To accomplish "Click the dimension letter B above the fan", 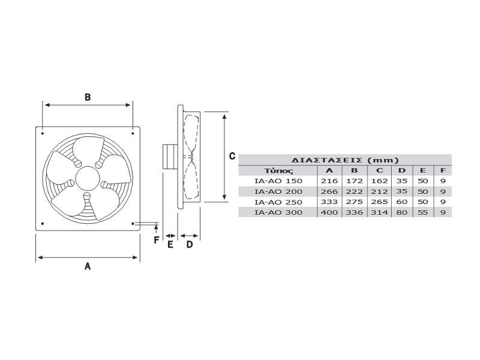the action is (88, 97).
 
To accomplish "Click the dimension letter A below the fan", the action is (88, 266).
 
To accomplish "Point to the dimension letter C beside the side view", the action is (232, 156).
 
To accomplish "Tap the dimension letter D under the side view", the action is (190, 245).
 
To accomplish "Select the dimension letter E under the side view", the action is (170, 245).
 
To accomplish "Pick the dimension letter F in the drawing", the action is (157, 240).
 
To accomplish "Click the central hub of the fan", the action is (88, 179).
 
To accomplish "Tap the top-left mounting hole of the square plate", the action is (43, 133).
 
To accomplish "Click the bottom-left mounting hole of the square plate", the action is (43, 224).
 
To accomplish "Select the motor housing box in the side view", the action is (170, 157).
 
